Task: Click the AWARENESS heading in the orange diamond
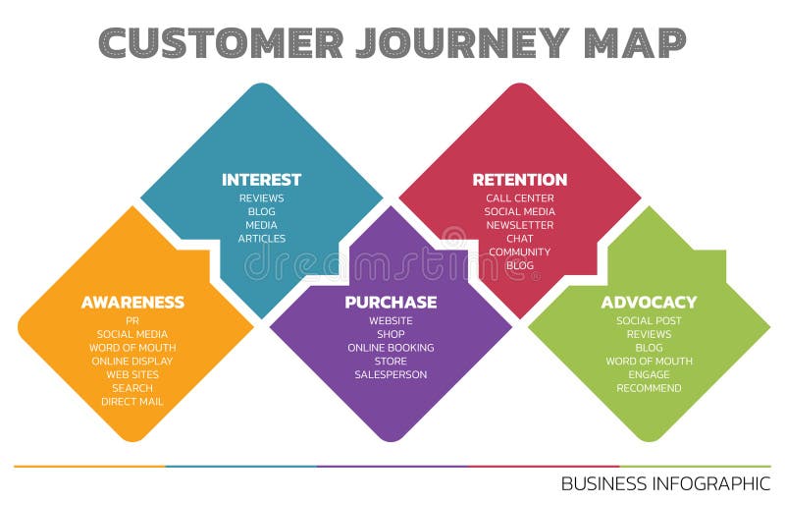(132, 303)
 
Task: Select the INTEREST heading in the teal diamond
(261, 180)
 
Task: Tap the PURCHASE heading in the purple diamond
(391, 303)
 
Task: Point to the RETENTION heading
(520, 180)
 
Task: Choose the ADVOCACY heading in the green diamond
(649, 303)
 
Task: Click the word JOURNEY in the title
(460, 42)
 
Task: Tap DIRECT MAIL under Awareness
(132, 401)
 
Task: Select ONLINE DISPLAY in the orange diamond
(132, 361)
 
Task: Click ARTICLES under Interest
(262, 239)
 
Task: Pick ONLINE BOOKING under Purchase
(391, 348)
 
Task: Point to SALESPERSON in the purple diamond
(391, 374)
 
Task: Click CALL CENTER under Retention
(520, 198)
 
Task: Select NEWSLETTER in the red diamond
(520, 225)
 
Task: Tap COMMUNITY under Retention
(520, 252)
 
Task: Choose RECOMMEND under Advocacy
(649, 388)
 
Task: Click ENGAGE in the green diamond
(649, 374)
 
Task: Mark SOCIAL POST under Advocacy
(649, 321)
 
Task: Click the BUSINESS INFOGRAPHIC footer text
(665, 483)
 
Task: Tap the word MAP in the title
(634, 42)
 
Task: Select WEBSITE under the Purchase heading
(391, 321)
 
